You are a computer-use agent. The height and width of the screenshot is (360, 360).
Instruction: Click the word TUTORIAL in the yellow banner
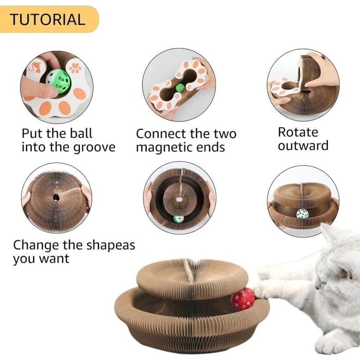pos(47,19)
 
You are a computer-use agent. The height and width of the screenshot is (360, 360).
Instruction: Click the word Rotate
pos(298,132)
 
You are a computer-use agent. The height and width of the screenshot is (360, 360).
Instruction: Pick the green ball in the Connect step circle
pos(180,87)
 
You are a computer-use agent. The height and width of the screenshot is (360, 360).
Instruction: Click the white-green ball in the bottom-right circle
pos(302,214)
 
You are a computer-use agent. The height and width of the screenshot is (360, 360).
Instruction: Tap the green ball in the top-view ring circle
pos(178,219)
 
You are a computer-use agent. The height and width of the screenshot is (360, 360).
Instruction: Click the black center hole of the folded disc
pos(56,197)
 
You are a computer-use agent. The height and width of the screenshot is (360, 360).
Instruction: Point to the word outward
pos(303,146)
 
